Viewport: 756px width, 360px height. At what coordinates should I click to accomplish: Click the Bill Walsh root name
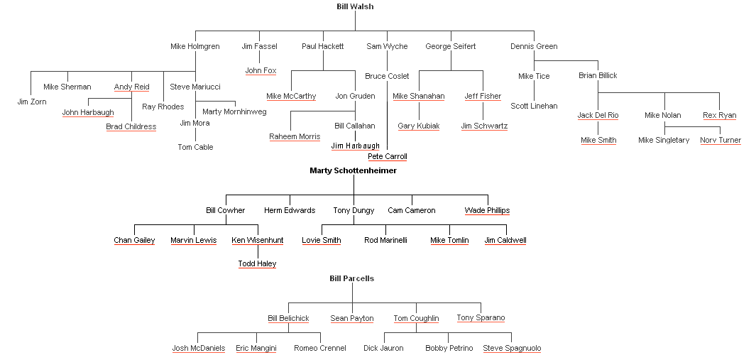(x=355, y=6)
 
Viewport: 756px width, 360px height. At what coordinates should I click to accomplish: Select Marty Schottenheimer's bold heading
(x=353, y=170)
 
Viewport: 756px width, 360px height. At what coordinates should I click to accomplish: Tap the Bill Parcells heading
(x=351, y=278)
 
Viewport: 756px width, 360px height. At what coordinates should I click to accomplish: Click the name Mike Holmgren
(x=195, y=46)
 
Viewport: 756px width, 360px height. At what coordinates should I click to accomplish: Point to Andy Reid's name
(x=131, y=87)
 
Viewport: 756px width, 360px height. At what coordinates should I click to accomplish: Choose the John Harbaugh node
(x=88, y=112)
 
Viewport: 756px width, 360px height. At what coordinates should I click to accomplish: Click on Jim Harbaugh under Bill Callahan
(x=355, y=146)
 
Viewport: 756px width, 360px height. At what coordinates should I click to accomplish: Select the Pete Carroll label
(x=388, y=156)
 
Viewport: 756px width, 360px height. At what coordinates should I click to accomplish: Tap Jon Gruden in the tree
(x=355, y=96)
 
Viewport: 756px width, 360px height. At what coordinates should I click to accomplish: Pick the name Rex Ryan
(x=719, y=115)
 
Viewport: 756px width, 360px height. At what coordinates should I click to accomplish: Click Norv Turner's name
(x=720, y=140)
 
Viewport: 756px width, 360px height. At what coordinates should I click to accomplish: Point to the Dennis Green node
(x=534, y=46)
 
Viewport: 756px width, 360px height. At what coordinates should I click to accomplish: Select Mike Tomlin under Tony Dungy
(x=449, y=240)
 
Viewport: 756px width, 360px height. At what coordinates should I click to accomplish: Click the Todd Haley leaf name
(x=257, y=263)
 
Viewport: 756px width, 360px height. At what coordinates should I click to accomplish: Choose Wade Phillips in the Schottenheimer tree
(x=487, y=210)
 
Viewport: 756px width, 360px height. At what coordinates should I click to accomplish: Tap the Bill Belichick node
(x=288, y=318)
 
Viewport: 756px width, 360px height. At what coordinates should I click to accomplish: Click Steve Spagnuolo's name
(x=512, y=348)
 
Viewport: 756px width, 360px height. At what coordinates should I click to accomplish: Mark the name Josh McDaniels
(x=198, y=348)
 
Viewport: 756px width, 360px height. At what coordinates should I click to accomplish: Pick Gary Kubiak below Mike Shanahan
(x=418, y=126)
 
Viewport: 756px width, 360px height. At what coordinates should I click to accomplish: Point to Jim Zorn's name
(x=31, y=102)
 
